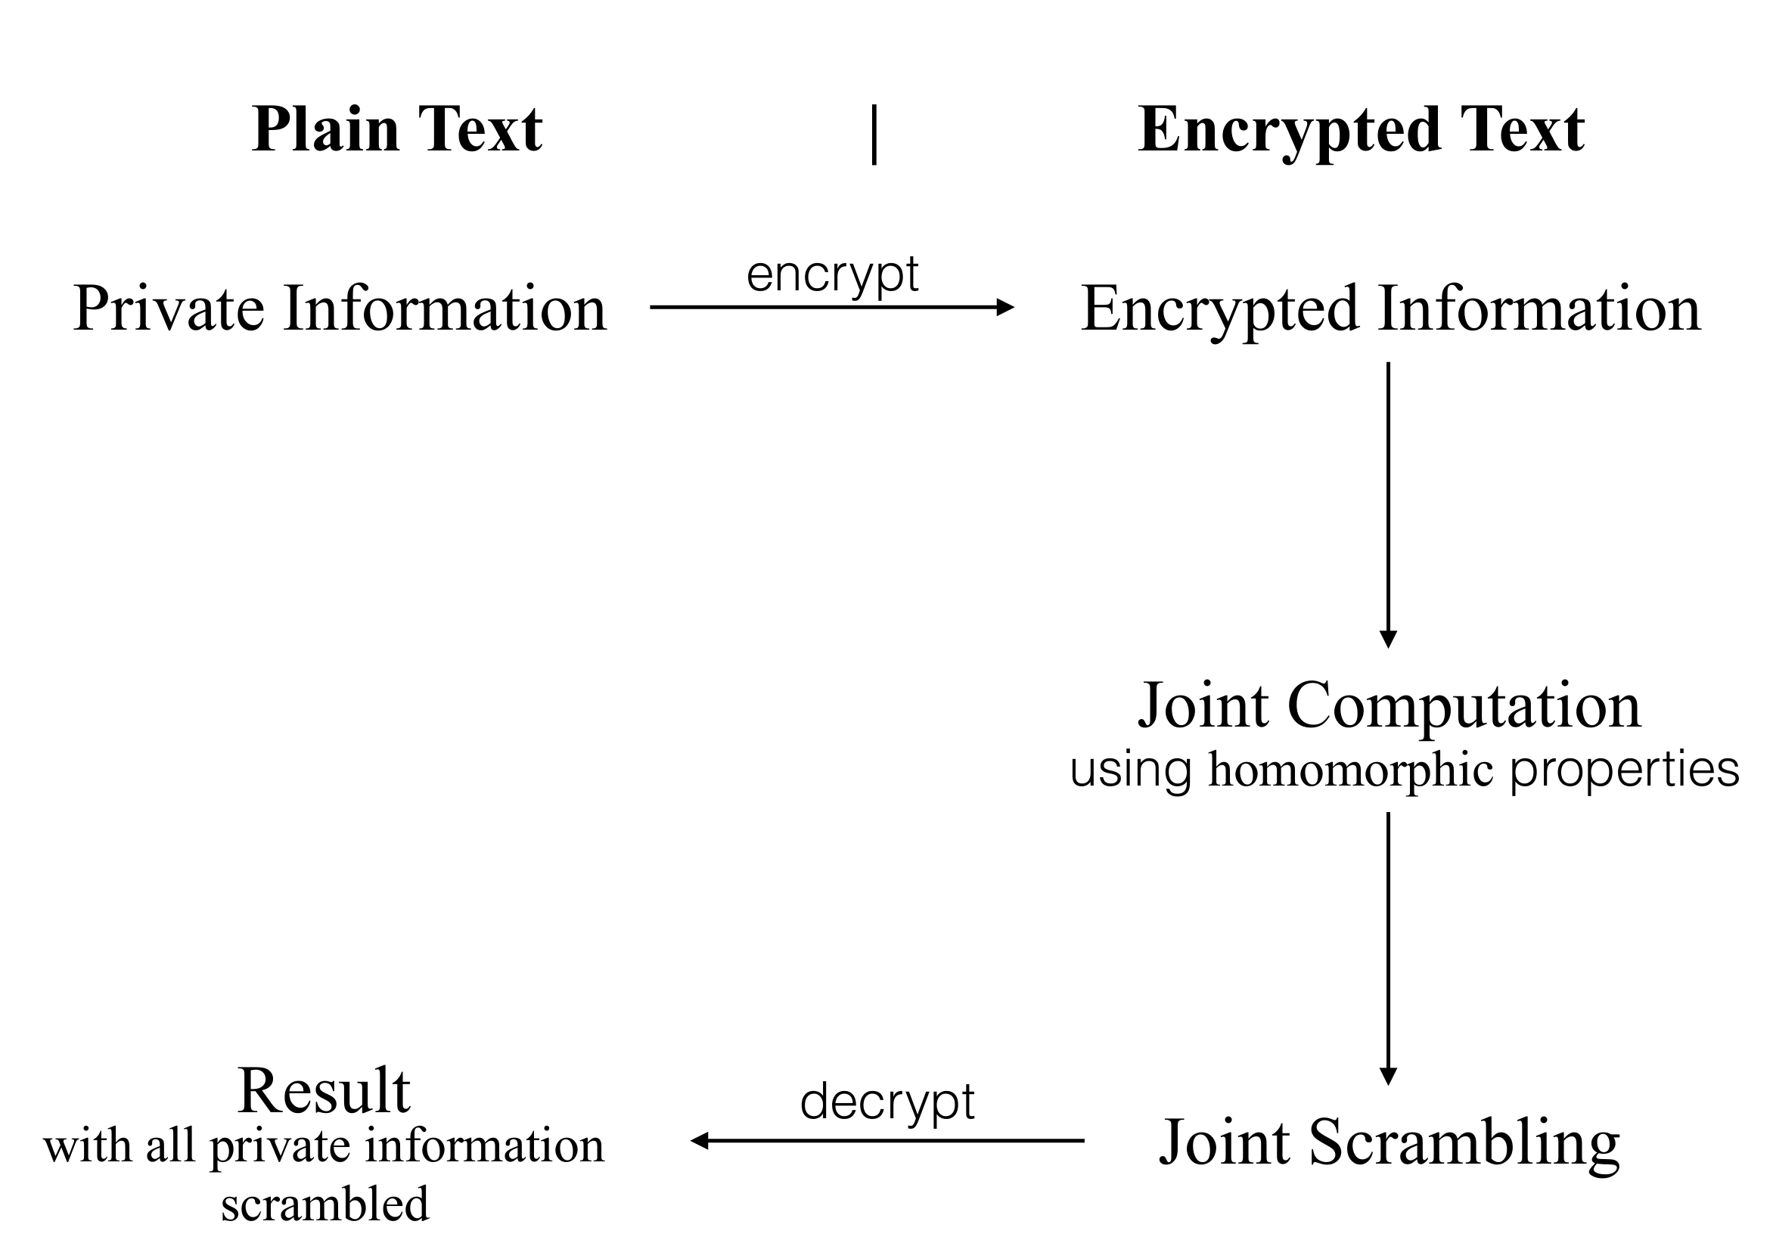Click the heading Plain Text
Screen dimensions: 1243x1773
pos(397,130)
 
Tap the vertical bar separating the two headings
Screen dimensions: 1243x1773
pos(874,135)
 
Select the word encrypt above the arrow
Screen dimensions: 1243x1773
pos(833,274)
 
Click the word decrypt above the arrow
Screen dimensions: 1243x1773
pos(887,1102)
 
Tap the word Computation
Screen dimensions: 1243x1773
pos(1464,706)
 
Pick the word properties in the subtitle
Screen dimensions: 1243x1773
pos(1624,771)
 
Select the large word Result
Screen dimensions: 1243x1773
pos(324,1091)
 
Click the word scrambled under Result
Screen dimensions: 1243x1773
pos(324,1204)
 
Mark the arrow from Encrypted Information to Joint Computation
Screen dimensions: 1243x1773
pos(1388,502)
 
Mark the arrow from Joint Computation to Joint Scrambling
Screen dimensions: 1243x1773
pos(1388,946)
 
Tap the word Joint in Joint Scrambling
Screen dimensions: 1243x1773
pos(1225,1142)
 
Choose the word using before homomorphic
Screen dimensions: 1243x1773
pos(1131,771)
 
